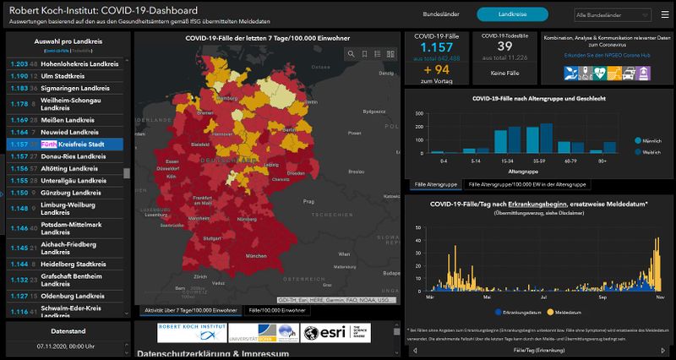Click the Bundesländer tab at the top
point(442,15)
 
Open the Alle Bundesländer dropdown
point(619,15)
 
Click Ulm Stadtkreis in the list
point(68,76)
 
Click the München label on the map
point(251,254)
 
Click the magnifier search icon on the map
point(352,53)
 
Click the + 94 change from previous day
point(436,70)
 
